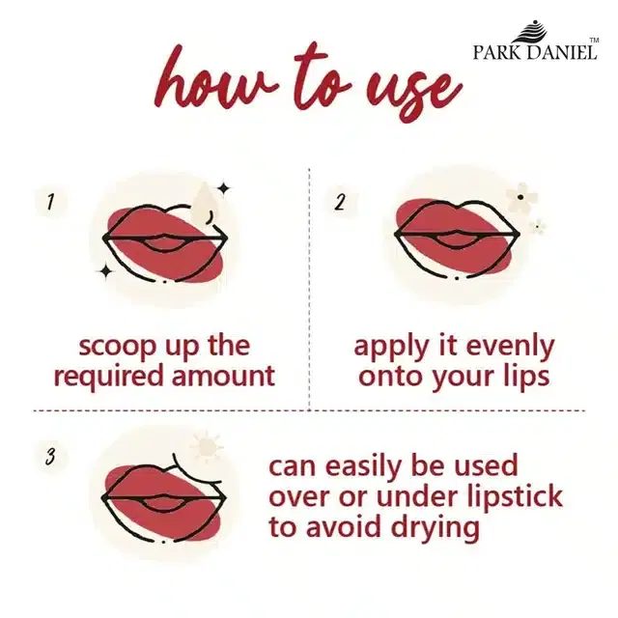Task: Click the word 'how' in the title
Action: [214, 78]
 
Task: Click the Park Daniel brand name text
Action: [535, 52]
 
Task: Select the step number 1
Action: [49, 202]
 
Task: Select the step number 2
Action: [340, 202]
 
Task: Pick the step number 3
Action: [50, 457]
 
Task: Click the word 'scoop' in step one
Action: [118, 347]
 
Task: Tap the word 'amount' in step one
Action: [223, 376]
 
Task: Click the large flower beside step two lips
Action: [521, 197]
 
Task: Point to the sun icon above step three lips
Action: [207, 447]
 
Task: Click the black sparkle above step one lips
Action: [224, 188]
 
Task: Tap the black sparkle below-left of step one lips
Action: [105, 270]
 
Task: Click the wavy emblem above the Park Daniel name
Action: [531, 31]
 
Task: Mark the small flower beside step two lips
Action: [537, 227]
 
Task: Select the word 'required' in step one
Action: [108, 377]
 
